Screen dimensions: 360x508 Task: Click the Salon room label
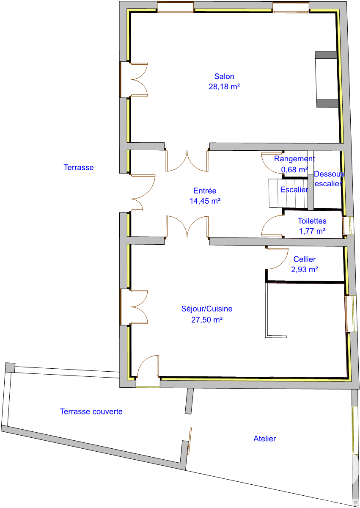coord(224,77)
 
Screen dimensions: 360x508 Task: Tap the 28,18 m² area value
coord(224,87)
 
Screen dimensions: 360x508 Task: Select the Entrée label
coord(205,191)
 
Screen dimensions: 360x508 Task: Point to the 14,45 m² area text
coord(205,201)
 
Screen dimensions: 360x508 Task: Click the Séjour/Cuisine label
coord(207,309)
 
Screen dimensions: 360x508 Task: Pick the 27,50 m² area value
coord(207,320)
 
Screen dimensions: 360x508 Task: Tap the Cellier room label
coord(305,259)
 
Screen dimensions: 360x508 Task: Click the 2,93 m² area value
coord(305,269)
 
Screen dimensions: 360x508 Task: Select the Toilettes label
coord(312,221)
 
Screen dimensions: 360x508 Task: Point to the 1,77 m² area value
coord(312,231)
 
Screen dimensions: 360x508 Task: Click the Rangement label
coord(294,159)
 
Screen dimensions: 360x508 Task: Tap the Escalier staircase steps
coord(288,193)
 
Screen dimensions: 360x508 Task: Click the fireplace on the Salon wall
coord(327,79)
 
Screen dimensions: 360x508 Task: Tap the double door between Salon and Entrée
coord(187,161)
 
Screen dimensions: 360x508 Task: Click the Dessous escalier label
coord(329,179)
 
